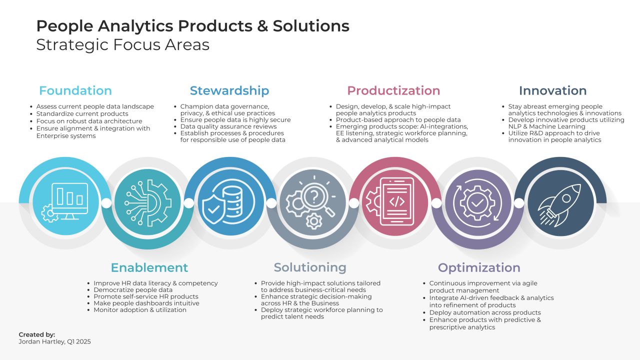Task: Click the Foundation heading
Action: coord(75,90)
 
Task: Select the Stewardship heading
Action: coord(229,90)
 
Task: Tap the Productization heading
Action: coord(393,90)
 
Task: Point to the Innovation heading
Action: coord(552,90)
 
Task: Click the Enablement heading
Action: coord(149,267)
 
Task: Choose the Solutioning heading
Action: coord(310,267)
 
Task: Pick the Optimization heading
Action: coord(479,267)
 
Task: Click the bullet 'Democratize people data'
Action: coord(132,290)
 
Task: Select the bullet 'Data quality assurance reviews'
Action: coord(228,126)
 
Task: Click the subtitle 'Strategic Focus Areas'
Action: coord(122,44)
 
